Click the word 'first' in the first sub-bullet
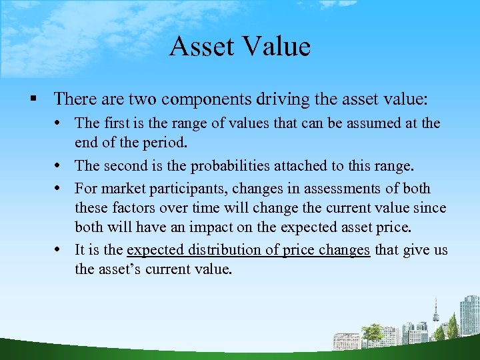[x=116, y=123]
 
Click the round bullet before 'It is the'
[x=63, y=250]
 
